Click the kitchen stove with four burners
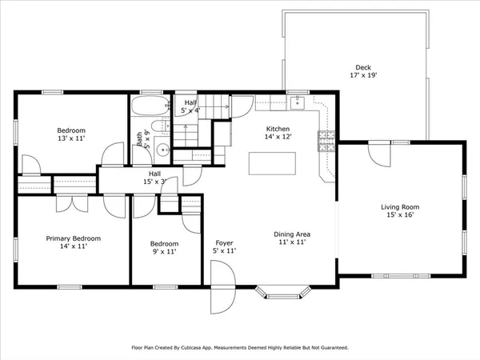[326, 142]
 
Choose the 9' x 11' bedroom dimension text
[164, 252]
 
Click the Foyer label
[223, 242]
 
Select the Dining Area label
[294, 233]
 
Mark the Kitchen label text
[278, 129]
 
